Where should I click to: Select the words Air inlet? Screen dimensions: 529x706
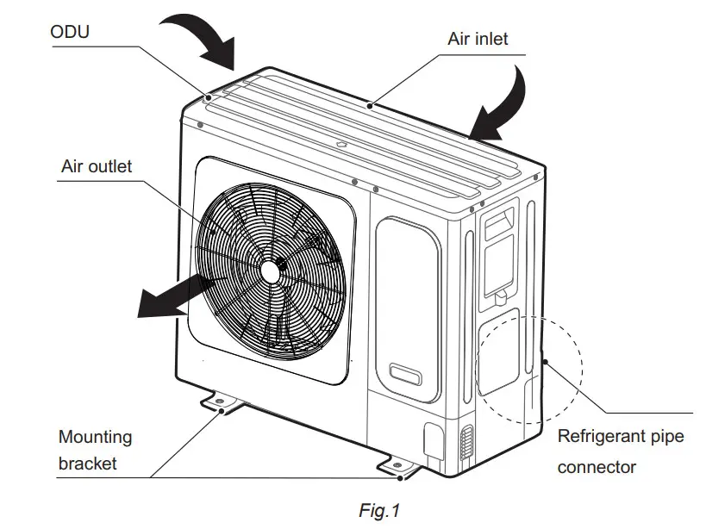(478, 39)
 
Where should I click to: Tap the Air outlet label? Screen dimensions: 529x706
(97, 165)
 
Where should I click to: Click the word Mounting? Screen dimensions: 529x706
(96, 437)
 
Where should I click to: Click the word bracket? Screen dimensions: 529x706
(87, 464)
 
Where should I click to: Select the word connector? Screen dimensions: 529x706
(597, 468)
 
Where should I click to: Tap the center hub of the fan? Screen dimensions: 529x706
(272, 269)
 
